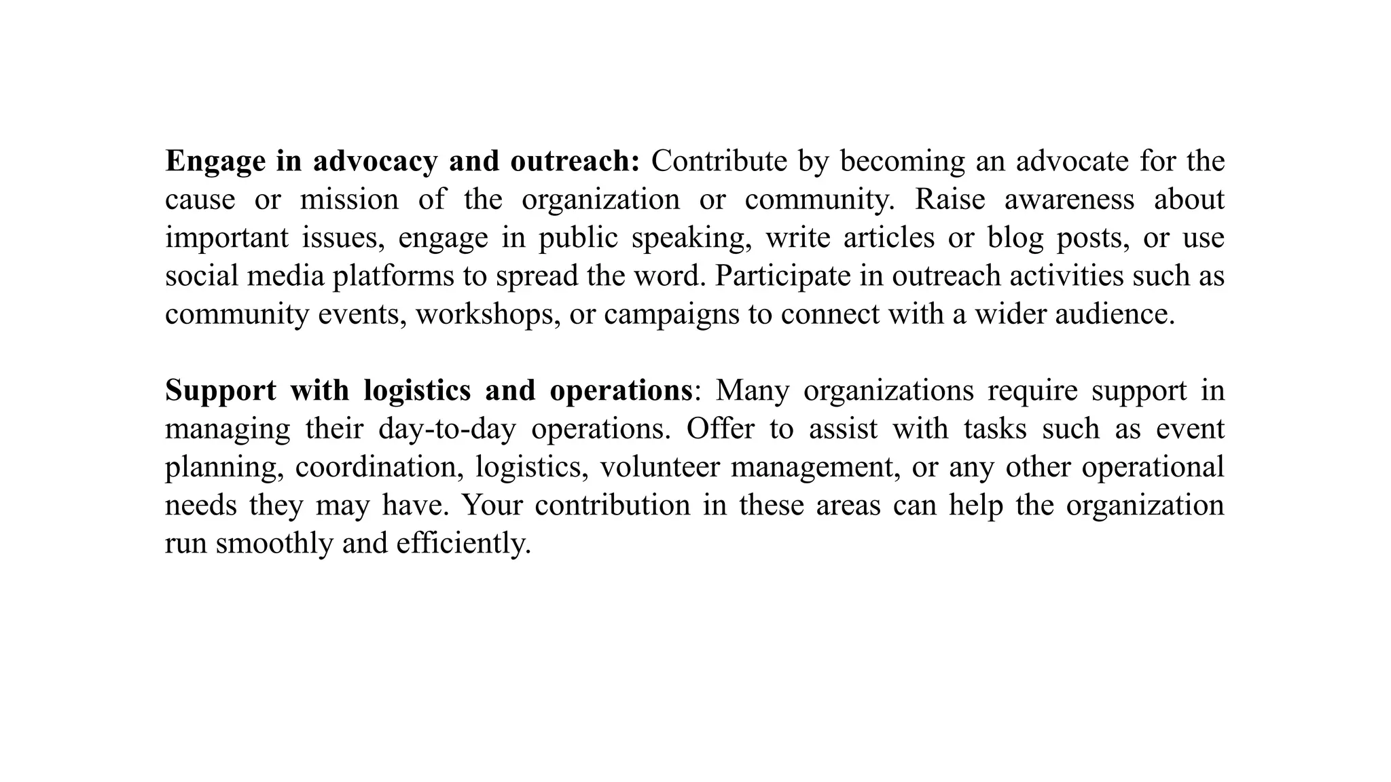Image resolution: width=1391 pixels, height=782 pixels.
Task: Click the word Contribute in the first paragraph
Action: click(x=719, y=162)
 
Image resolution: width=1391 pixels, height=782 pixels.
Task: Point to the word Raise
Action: click(x=950, y=200)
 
